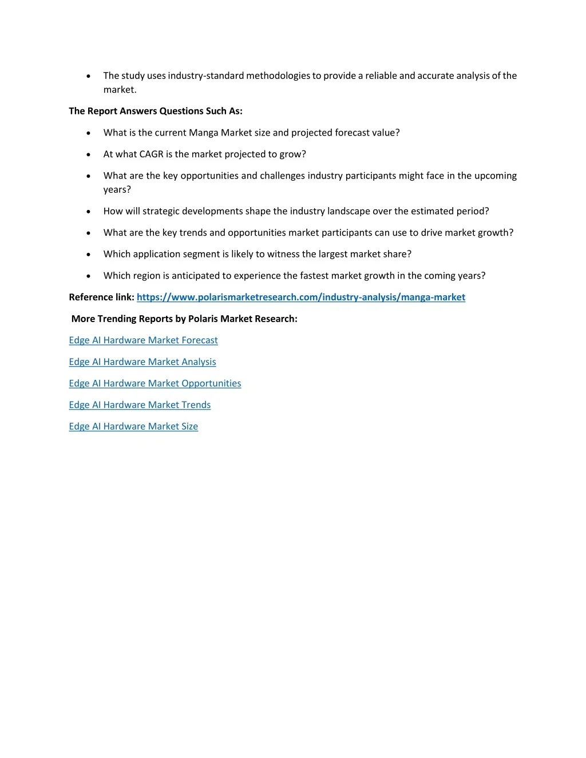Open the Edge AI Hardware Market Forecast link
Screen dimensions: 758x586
[x=143, y=340]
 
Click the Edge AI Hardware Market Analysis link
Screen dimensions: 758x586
[x=142, y=362]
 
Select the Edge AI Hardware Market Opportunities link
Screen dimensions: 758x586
[x=155, y=383]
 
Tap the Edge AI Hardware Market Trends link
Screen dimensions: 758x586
[x=140, y=405]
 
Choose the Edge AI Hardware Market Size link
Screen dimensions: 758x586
[x=133, y=427]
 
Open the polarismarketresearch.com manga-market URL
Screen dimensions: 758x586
[x=300, y=297]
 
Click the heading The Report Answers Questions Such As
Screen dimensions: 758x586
[x=156, y=111]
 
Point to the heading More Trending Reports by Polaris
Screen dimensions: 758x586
[x=184, y=319]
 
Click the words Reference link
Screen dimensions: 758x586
[x=101, y=297]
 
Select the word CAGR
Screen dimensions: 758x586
[x=152, y=154]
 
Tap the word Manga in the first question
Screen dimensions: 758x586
[x=203, y=133]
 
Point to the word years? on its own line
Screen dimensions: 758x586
[x=117, y=190]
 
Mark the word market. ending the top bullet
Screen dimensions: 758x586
[x=120, y=90]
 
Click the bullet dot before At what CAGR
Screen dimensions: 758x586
[x=88, y=154]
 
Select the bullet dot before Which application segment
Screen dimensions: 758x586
[x=88, y=255]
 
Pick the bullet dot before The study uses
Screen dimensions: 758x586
[x=88, y=76]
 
